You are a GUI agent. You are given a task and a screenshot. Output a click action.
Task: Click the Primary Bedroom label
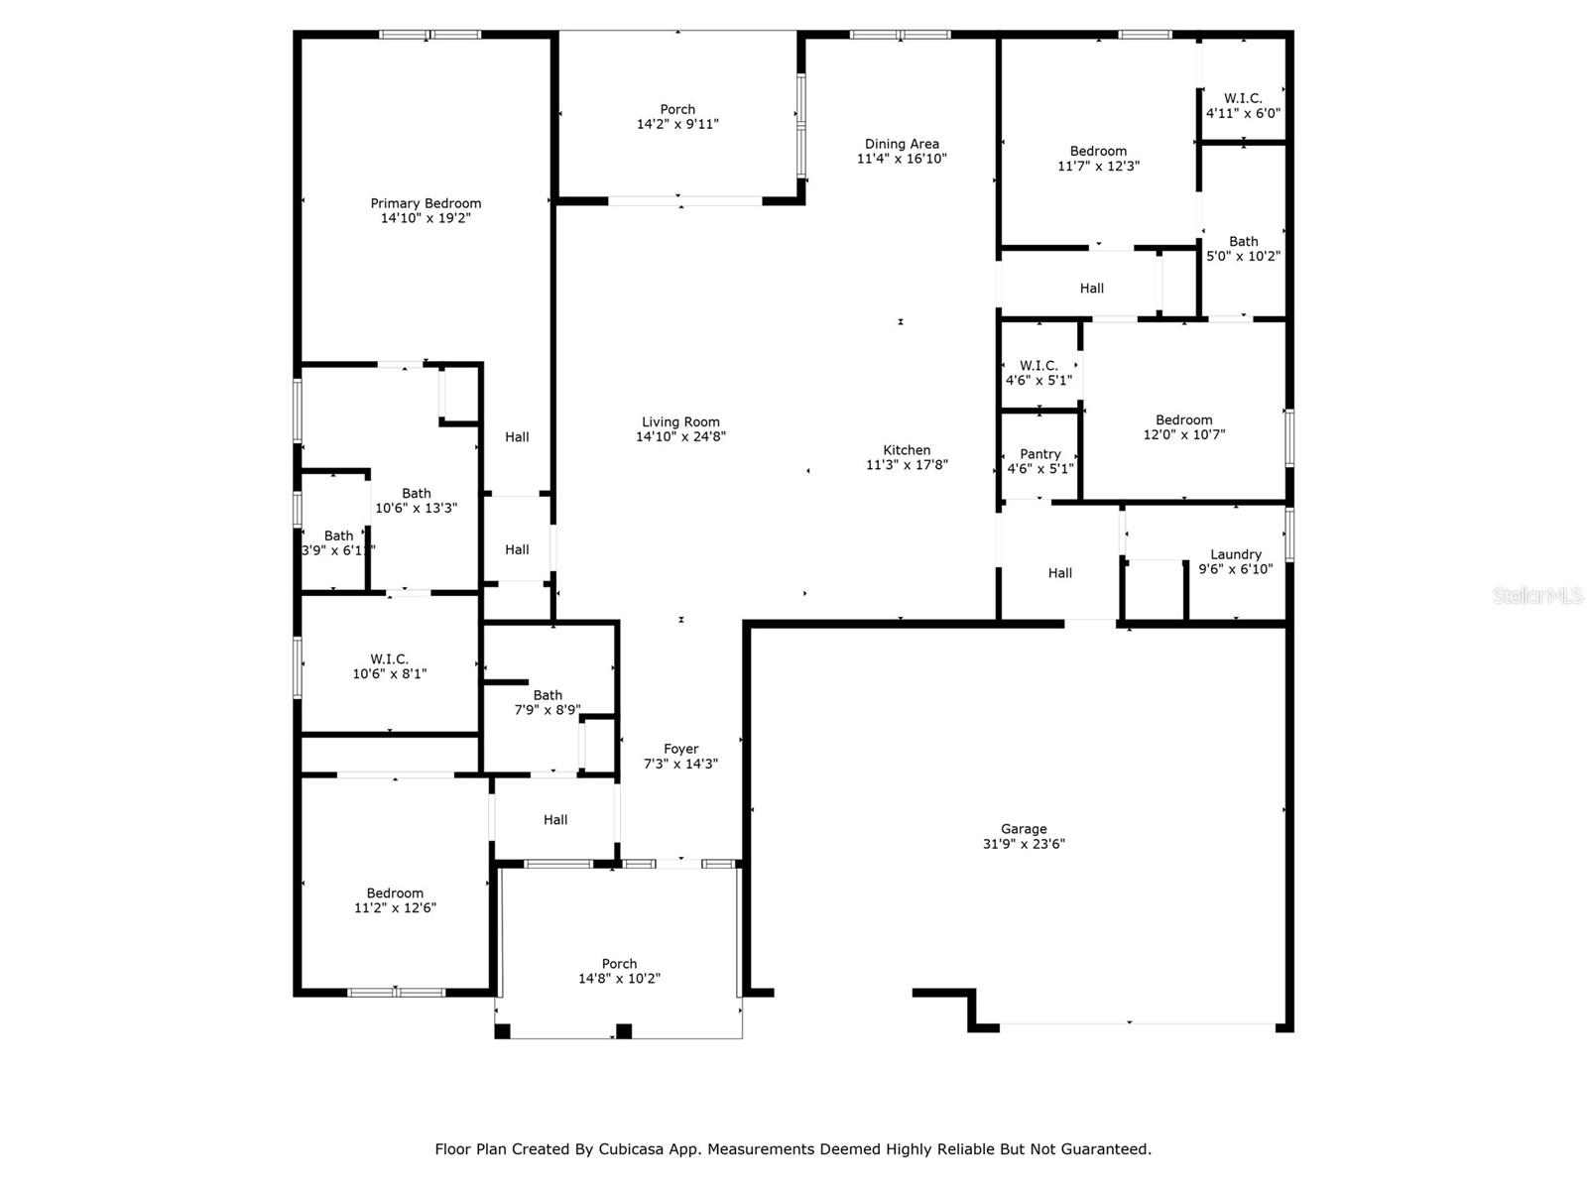[x=426, y=203]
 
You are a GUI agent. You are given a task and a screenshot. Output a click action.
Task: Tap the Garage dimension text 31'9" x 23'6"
[x=1024, y=844]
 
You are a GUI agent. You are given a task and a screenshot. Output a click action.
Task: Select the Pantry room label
[x=1039, y=454]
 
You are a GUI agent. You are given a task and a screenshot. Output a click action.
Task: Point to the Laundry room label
[x=1235, y=554]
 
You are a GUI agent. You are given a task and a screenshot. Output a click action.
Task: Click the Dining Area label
[x=902, y=144]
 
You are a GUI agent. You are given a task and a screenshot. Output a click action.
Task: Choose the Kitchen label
[x=907, y=450]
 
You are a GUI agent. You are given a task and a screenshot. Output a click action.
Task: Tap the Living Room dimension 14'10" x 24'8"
[x=680, y=436]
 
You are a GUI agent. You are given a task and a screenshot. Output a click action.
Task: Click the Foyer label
[x=680, y=749]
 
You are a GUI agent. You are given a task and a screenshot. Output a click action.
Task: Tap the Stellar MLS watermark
[x=1537, y=595]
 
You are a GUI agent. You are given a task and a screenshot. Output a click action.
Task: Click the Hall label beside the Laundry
[x=1059, y=573]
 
